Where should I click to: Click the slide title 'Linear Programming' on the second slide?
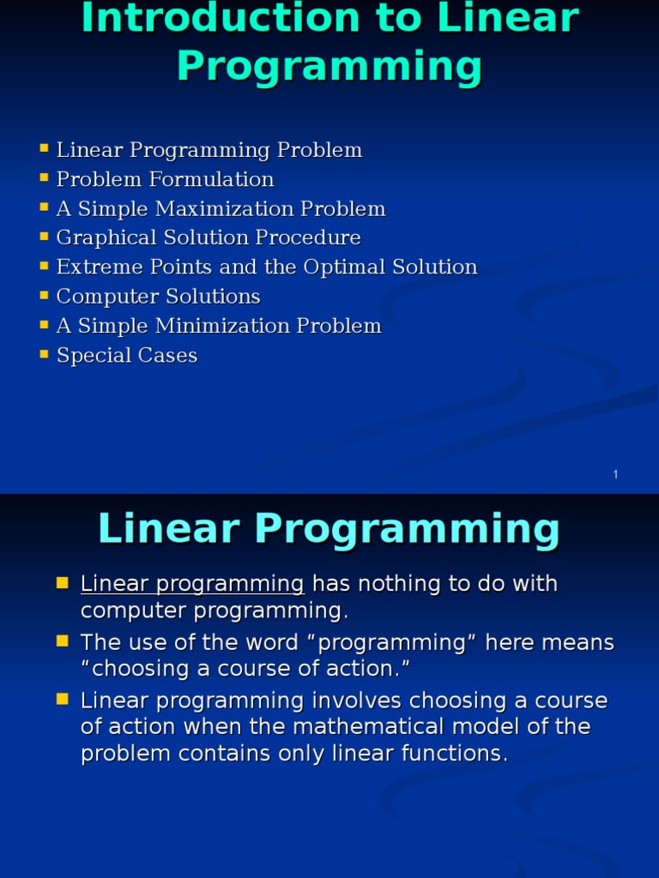(329, 529)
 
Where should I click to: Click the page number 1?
(615, 475)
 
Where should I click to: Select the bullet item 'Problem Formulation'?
(165, 179)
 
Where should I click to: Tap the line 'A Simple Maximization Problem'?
(221, 209)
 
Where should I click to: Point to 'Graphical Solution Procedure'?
(209, 238)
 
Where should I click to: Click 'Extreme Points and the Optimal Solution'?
(266, 267)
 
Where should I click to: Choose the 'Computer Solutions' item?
(158, 297)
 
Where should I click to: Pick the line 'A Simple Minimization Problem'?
(219, 326)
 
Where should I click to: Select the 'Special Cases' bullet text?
(127, 355)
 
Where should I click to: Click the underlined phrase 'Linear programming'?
(192, 584)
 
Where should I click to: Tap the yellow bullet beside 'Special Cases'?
(45, 353)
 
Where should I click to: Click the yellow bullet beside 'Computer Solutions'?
(45, 295)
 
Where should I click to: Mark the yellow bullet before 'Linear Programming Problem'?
(45, 148)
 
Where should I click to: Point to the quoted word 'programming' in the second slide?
(404, 643)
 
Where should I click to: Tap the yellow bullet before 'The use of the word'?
(63, 640)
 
